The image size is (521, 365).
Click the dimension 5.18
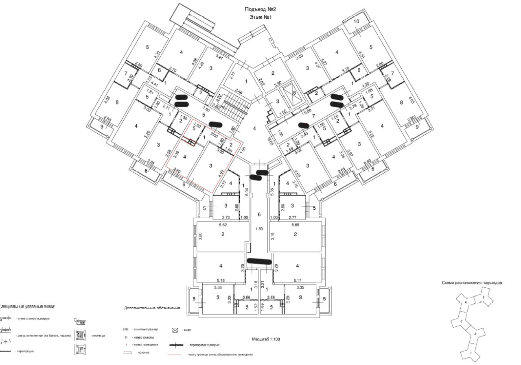pyautogui.click(x=221, y=280)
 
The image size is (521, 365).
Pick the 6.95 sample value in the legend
pyautogui.click(x=127, y=329)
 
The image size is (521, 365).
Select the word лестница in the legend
pyautogui.click(x=99, y=336)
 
